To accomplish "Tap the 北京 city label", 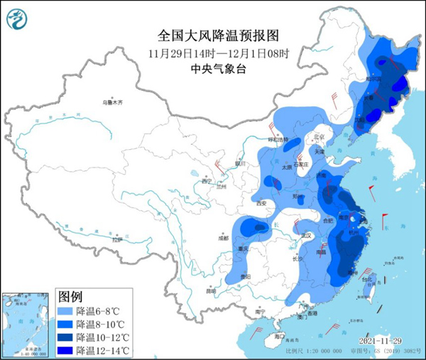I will coord(318,137).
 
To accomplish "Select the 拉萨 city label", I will coord(116,240).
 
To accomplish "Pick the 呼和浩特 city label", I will coord(279,139).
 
